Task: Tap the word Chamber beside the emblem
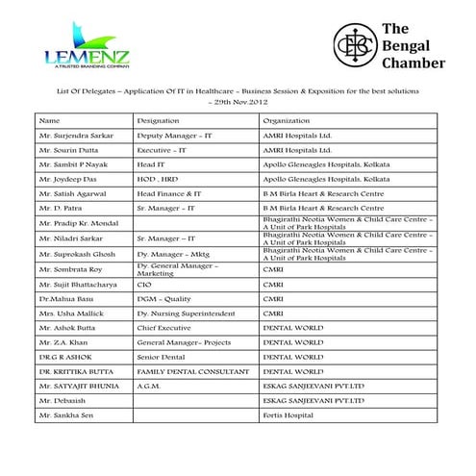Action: [x=413, y=64]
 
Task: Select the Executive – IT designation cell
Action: [x=167, y=150]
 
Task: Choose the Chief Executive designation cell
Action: [x=166, y=328]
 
